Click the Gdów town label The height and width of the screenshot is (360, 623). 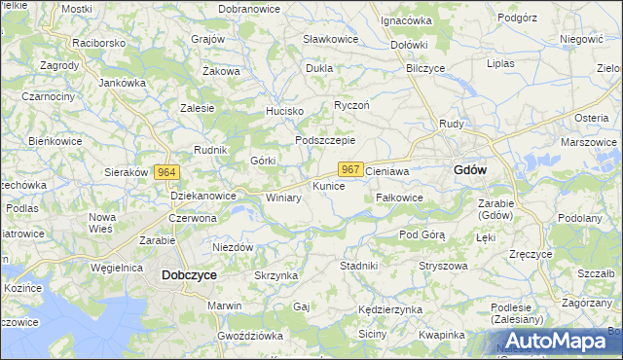click(x=471, y=169)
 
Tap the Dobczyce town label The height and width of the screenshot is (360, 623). click(x=188, y=275)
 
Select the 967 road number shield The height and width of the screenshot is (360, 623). click(x=351, y=169)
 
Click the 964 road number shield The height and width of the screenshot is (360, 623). click(x=166, y=171)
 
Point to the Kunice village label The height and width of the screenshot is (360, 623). click(x=328, y=185)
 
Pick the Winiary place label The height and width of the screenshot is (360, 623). click(x=283, y=198)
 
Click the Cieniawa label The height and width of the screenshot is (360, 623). click(x=386, y=169)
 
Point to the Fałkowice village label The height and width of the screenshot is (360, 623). click(x=399, y=198)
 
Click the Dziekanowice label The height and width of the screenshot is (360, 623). click(x=203, y=196)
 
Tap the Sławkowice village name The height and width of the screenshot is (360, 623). click(x=330, y=39)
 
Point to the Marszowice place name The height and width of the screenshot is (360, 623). click(x=589, y=142)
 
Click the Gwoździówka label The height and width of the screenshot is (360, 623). click(x=250, y=335)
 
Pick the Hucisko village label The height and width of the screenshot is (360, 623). click(x=285, y=111)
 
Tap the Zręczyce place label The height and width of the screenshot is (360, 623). click(x=531, y=254)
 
